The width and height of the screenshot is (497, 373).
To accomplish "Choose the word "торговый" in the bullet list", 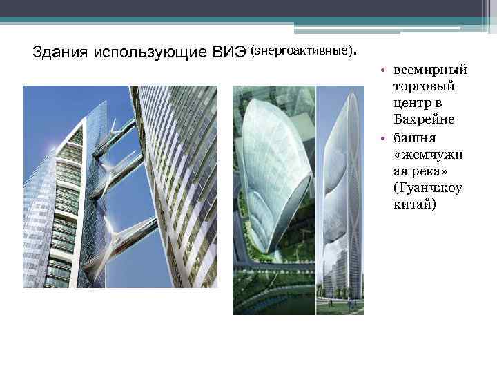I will pyautogui.click(x=420, y=88).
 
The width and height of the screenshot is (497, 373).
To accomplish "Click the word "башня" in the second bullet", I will pyautogui.click(x=412, y=137).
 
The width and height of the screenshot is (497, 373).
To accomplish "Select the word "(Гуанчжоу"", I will pyautogui.click(x=427, y=187).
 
